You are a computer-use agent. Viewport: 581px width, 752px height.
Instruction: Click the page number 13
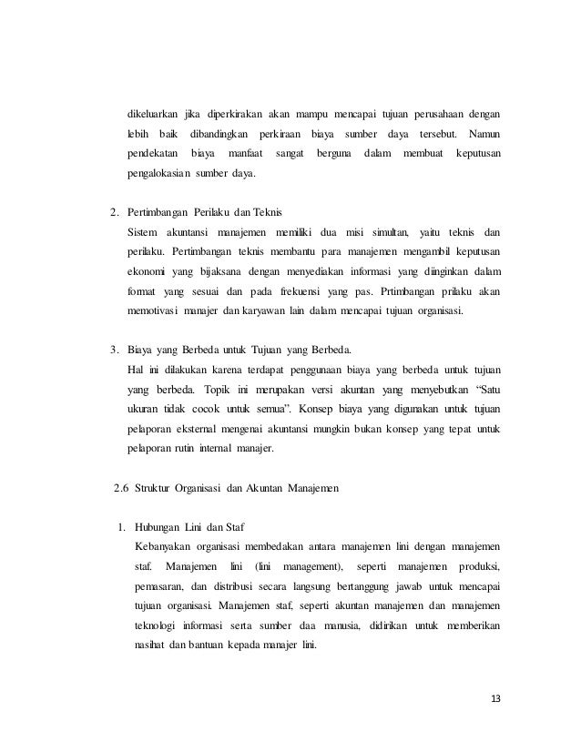(495, 698)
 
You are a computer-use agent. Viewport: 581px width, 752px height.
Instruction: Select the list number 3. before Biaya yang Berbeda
(114, 350)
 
